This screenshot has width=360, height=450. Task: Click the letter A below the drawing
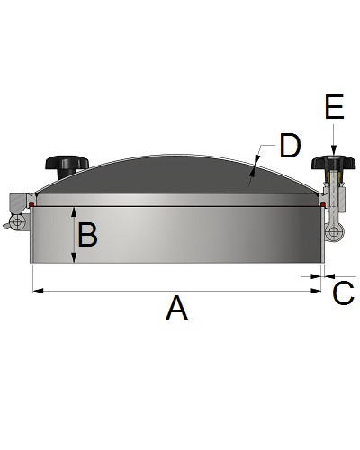point(176,309)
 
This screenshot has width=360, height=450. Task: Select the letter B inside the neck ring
point(87,236)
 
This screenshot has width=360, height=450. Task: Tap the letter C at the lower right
point(343,293)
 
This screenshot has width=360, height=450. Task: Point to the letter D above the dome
point(289,146)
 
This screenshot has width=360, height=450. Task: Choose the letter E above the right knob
point(334,109)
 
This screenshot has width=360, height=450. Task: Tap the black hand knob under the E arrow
point(332,164)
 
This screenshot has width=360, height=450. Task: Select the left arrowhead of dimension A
point(36,290)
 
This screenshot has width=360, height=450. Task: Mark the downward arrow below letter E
point(333,144)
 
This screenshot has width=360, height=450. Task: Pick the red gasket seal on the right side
point(322,205)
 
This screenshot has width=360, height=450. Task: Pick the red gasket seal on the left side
point(31,205)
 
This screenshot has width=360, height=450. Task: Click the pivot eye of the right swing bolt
point(335,233)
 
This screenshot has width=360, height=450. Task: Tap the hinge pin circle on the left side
point(15,222)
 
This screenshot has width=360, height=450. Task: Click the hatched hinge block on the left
point(18,201)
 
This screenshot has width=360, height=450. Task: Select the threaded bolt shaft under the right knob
point(332,193)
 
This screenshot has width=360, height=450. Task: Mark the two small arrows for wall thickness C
point(322,275)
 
